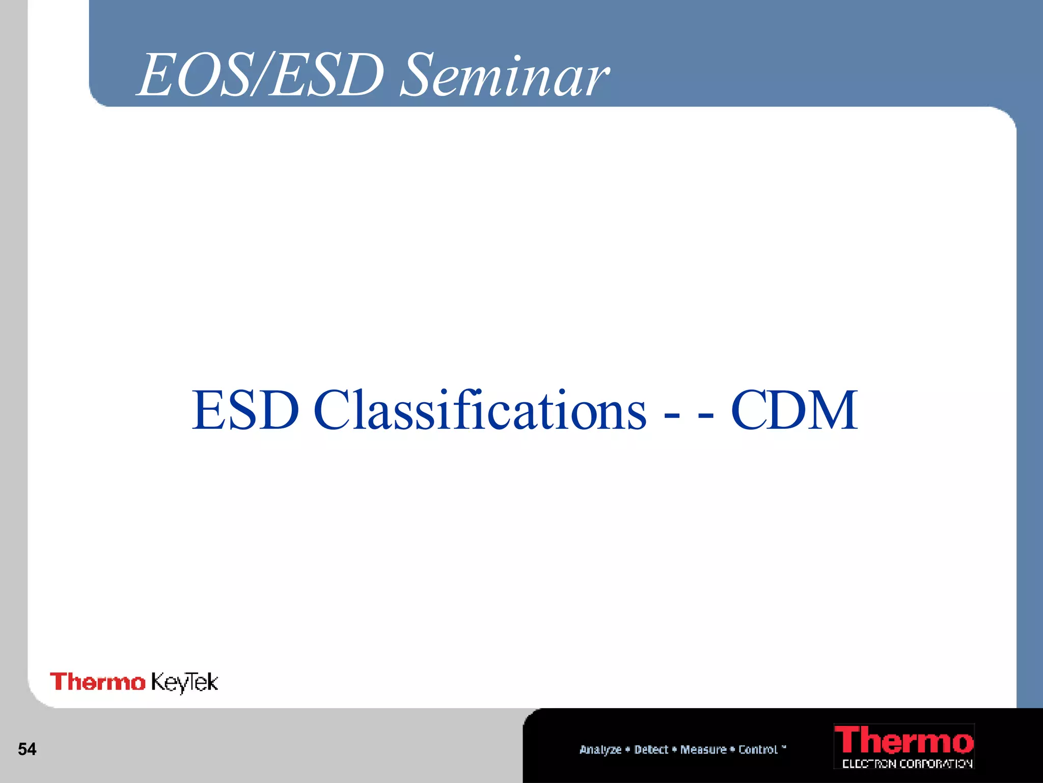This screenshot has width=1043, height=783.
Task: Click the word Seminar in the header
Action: click(x=504, y=76)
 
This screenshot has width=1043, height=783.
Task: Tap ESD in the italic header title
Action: click(x=326, y=76)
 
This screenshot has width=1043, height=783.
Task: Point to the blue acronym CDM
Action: click(x=794, y=410)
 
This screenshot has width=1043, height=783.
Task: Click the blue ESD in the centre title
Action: click(x=245, y=410)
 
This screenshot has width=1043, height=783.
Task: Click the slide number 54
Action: click(x=27, y=749)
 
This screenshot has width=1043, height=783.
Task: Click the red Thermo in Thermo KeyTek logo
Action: click(x=97, y=682)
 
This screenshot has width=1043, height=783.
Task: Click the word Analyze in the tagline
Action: click(x=600, y=749)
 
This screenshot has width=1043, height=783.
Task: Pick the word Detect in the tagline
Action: click(x=651, y=749)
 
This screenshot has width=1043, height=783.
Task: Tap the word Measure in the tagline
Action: click(x=703, y=749)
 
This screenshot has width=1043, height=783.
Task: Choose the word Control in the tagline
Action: click(x=758, y=749)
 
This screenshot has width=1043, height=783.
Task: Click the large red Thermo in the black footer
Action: click(x=903, y=741)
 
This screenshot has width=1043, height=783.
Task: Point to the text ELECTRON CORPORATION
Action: click(x=907, y=764)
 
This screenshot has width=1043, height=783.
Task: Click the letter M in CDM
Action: click(x=829, y=410)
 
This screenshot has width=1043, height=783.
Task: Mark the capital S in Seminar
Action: click(x=419, y=76)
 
